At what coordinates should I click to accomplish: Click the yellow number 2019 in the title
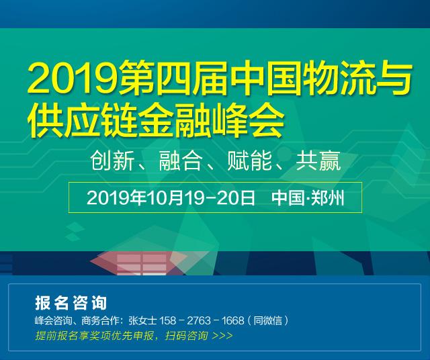(75, 77)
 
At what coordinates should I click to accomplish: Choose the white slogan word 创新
(112, 161)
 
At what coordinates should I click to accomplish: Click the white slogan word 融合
(181, 161)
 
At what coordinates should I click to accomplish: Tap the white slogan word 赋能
(249, 161)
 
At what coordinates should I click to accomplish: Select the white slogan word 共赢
(318, 161)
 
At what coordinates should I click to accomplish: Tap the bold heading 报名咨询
(71, 303)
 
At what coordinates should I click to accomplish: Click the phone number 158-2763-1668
(202, 320)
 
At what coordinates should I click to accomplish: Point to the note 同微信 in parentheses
(267, 320)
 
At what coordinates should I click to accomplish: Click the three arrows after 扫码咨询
(222, 336)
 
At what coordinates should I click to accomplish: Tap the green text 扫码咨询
(186, 335)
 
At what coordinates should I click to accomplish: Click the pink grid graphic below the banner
(142, 264)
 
